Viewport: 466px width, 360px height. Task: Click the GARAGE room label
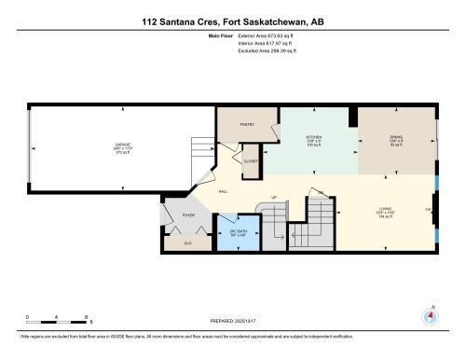point(122,145)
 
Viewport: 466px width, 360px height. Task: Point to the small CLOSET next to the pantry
point(250,161)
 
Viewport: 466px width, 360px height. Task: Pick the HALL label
point(224,191)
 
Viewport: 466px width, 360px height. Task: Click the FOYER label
point(188,215)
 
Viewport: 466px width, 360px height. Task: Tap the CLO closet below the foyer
point(187,242)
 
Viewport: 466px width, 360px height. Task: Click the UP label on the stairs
point(274,198)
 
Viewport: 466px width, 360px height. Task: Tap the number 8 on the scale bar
point(87,316)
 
